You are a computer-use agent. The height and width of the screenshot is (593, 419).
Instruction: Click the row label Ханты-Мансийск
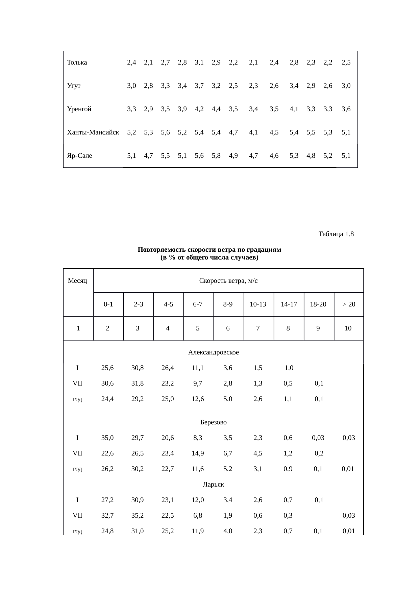click(93, 132)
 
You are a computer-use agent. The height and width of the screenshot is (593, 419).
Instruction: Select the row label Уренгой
click(79, 109)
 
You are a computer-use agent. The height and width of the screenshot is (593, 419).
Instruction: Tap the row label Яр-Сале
click(80, 156)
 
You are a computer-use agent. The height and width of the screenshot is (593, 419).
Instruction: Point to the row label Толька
click(77, 62)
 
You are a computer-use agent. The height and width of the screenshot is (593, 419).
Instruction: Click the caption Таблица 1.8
click(336, 234)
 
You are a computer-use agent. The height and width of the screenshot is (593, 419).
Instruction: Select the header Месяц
click(78, 280)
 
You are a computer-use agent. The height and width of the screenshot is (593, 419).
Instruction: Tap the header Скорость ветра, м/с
click(228, 280)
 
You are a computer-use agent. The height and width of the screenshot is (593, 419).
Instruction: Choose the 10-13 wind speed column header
click(258, 304)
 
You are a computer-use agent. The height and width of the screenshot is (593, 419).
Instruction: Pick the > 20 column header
click(348, 304)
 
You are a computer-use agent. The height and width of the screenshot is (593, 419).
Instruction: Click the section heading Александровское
click(213, 352)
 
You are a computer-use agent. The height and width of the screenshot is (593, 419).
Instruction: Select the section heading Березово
click(213, 422)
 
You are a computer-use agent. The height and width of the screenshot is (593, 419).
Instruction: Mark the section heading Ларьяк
click(213, 485)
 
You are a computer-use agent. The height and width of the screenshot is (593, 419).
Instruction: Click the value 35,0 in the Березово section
click(107, 438)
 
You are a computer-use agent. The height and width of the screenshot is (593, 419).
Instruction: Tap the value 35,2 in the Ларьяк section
click(138, 516)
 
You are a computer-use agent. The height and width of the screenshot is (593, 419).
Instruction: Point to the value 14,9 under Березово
click(198, 453)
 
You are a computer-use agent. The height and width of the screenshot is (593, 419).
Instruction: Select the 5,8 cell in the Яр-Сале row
click(216, 156)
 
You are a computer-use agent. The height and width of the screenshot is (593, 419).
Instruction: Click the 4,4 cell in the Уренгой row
click(216, 109)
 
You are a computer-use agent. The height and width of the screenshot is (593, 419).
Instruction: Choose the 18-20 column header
click(318, 304)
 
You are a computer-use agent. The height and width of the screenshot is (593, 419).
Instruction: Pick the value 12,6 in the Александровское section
click(198, 399)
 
